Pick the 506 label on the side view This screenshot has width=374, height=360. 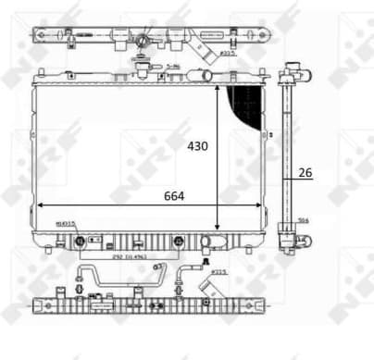[303, 220]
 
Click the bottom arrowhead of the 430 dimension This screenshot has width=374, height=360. [218, 227]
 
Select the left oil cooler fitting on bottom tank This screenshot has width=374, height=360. [81, 242]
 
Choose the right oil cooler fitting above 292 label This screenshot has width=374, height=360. [176, 242]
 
